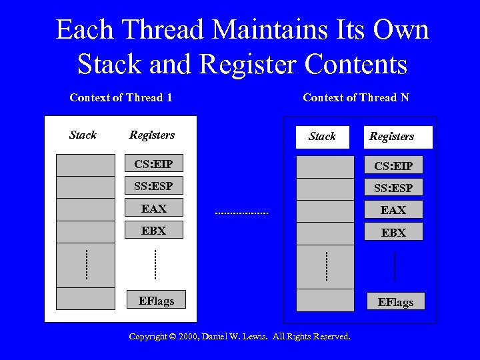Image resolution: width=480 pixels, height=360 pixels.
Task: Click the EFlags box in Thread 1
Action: [x=156, y=301]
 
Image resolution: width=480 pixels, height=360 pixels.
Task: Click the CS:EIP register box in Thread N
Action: [x=393, y=166]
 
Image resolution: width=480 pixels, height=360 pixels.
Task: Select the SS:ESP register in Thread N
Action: [x=393, y=188]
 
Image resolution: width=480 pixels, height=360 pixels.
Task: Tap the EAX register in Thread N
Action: [x=393, y=210]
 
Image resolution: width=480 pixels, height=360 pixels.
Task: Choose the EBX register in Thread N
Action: [x=393, y=233]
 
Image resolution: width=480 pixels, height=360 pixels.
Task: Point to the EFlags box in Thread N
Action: [x=395, y=302]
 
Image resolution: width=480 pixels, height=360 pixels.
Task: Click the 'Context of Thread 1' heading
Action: [x=121, y=98]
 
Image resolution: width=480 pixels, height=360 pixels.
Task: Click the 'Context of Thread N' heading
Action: [x=355, y=98]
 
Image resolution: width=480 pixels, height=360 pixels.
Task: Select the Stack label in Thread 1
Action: [x=83, y=135]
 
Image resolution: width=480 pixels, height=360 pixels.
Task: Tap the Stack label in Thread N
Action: [x=323, y=137]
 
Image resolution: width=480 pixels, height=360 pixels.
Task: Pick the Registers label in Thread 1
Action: [x=152, y=135]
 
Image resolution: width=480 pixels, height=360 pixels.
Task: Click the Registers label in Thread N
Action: [x=392, y=137]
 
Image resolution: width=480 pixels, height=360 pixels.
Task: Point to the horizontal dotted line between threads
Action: [x=241, y=213]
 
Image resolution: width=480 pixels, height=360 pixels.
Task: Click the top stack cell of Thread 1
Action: [x=85, y=165]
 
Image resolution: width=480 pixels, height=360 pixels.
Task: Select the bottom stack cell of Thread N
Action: [x=325, y=300]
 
